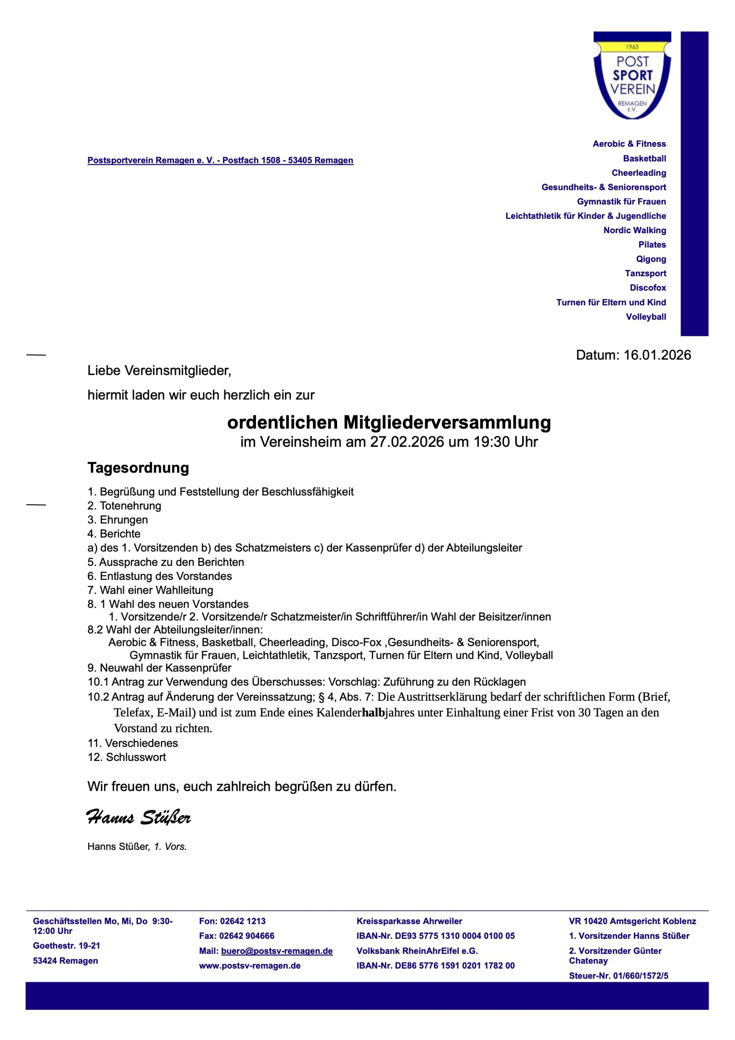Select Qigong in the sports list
tap(651, 259)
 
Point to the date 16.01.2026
tap(657, 355)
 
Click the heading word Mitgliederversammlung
tap(447, 422)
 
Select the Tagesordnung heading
tap(138, 468)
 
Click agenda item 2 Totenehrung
tap(125, 505)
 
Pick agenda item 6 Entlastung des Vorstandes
tap(160, 576)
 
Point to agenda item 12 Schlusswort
tap(127, 757)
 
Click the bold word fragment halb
tap(373, 713)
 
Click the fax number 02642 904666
tap(247, 936)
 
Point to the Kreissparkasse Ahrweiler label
tap(409, 921)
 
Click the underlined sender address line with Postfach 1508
tap(220, 160)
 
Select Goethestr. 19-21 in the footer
tap(67, 946)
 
